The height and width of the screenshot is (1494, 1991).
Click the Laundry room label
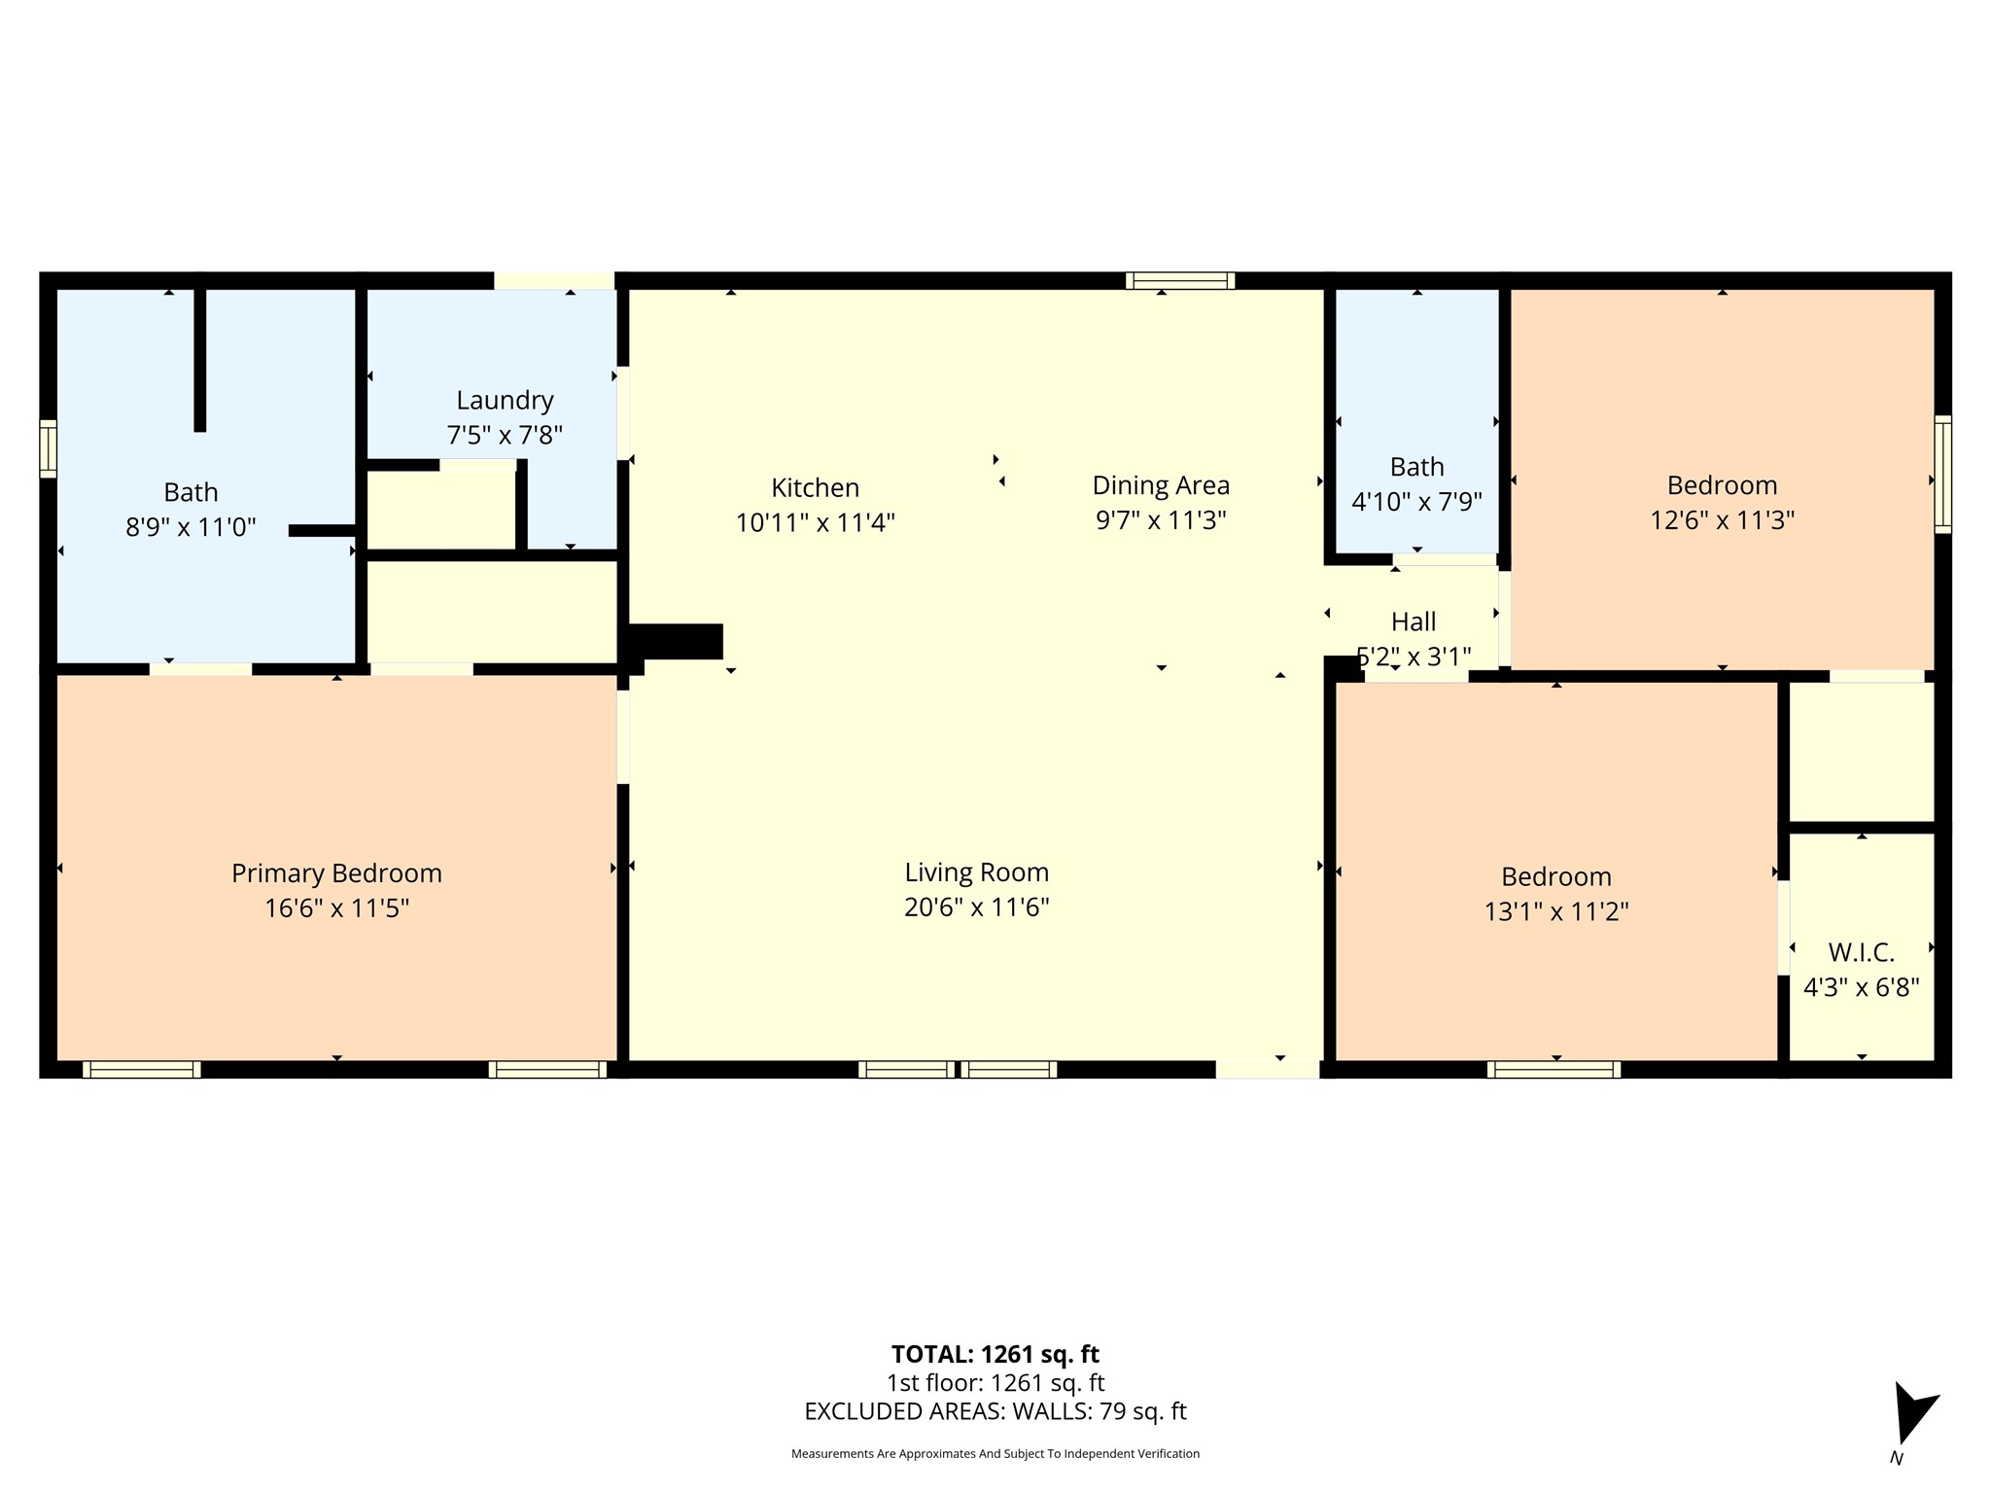[x=505, y=400]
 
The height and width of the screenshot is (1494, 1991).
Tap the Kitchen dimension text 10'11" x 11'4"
[x=815, y=522]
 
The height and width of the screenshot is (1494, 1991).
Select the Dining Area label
[x=1161, y=485]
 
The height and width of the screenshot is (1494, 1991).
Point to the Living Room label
[x=976, y=872]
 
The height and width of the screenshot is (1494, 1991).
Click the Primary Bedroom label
[x=336, y=873]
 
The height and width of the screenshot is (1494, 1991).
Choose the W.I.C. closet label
[x=1861, y=952]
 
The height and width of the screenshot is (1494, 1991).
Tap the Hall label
[x=1414, y=622]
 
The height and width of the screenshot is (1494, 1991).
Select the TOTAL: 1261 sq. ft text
[x=995, y=1354]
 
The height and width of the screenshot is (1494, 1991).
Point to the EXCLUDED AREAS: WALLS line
[x=995, y=1411]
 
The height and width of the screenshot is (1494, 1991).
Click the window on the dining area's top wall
[x=1180, y=281]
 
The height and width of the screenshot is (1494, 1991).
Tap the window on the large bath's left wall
[x=48, y=448]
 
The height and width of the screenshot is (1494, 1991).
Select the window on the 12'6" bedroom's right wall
[x=1942, y=474]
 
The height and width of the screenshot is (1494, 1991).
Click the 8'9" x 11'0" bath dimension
[x=191, y=527]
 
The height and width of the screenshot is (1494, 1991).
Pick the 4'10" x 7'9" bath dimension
[x=1416, y=502]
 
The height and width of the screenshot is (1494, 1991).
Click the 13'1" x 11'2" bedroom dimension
[x=1555, y=911]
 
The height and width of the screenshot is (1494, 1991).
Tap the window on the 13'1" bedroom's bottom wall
[x=1554, y=1070]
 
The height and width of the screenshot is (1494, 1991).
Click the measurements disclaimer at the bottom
[x=995, y=1454]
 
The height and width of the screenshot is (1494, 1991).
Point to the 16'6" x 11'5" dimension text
[x=336, y=908]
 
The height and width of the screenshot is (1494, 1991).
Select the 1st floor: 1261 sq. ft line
[x=995, y=1382]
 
